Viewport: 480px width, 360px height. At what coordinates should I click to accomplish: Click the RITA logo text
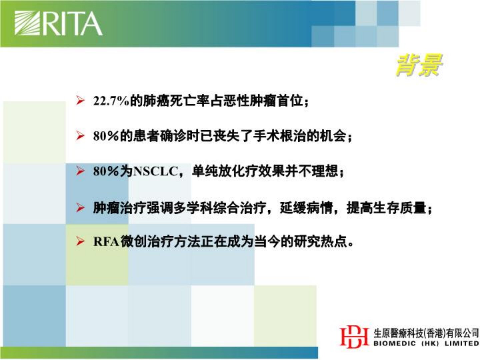click(x=72, y=23)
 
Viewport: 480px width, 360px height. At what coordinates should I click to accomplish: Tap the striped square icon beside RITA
click(x=28, y=23)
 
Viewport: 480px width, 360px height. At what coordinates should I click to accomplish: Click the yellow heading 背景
click(x=419, y=66)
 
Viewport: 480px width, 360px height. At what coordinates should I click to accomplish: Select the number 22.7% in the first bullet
click(x=111, y=101)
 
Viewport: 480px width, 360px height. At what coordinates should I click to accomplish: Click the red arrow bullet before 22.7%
click(x=80, y=101)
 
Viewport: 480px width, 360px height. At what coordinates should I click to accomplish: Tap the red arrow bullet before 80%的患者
click(x=80, y=136)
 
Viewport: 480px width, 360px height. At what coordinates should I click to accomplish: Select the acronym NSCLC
click(x=155, y=172)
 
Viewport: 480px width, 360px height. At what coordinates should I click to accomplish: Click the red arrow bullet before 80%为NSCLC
click(x=80, y=171)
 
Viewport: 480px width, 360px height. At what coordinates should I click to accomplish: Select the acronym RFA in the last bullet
click(x=106, y=242)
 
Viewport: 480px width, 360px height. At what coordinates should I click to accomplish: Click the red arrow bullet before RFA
click(x=80, y=242)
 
